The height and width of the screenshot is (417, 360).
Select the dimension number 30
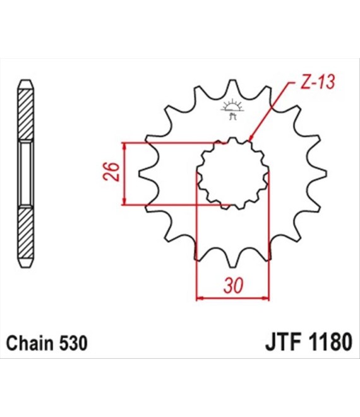coord(234,286)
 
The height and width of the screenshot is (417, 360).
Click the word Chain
coord(30,342)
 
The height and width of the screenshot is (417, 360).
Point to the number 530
coord(73,342)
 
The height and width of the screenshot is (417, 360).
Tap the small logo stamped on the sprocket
coord(232,109)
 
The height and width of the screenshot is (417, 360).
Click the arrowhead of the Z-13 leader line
coord(251,137)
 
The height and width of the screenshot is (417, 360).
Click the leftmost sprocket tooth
coord(147,173)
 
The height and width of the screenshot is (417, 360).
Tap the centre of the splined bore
coord(232,173)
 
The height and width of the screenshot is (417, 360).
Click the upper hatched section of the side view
coord(26,114)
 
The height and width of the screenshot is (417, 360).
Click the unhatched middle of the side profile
coord(26,173)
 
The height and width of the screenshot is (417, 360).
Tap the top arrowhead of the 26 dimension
coord(124,146)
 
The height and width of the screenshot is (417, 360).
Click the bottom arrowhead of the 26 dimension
coord(124,202)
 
